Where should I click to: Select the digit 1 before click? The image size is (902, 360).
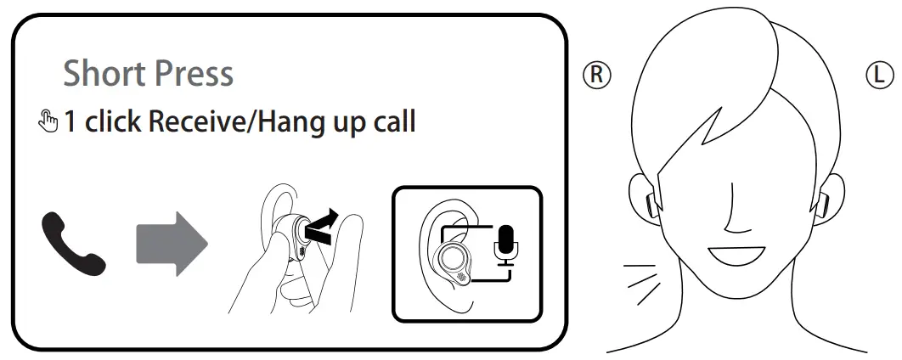pyautogui.click(x=70, y=121)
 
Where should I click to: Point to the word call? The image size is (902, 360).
pyautogui.click(x=390, y=122)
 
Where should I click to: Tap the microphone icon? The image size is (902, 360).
pyautogui.click(x=508, y=244)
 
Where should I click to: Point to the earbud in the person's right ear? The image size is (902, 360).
pyautogui.click(x=650, y=202)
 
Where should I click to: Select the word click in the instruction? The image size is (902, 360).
pyautogui.click(x=111, y=122)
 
